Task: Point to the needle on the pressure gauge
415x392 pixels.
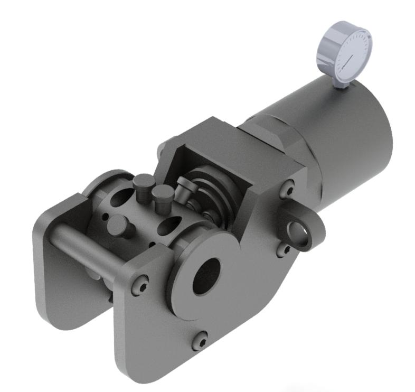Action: tap(348, 62)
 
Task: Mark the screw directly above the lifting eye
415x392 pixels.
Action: tap(288, 188)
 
